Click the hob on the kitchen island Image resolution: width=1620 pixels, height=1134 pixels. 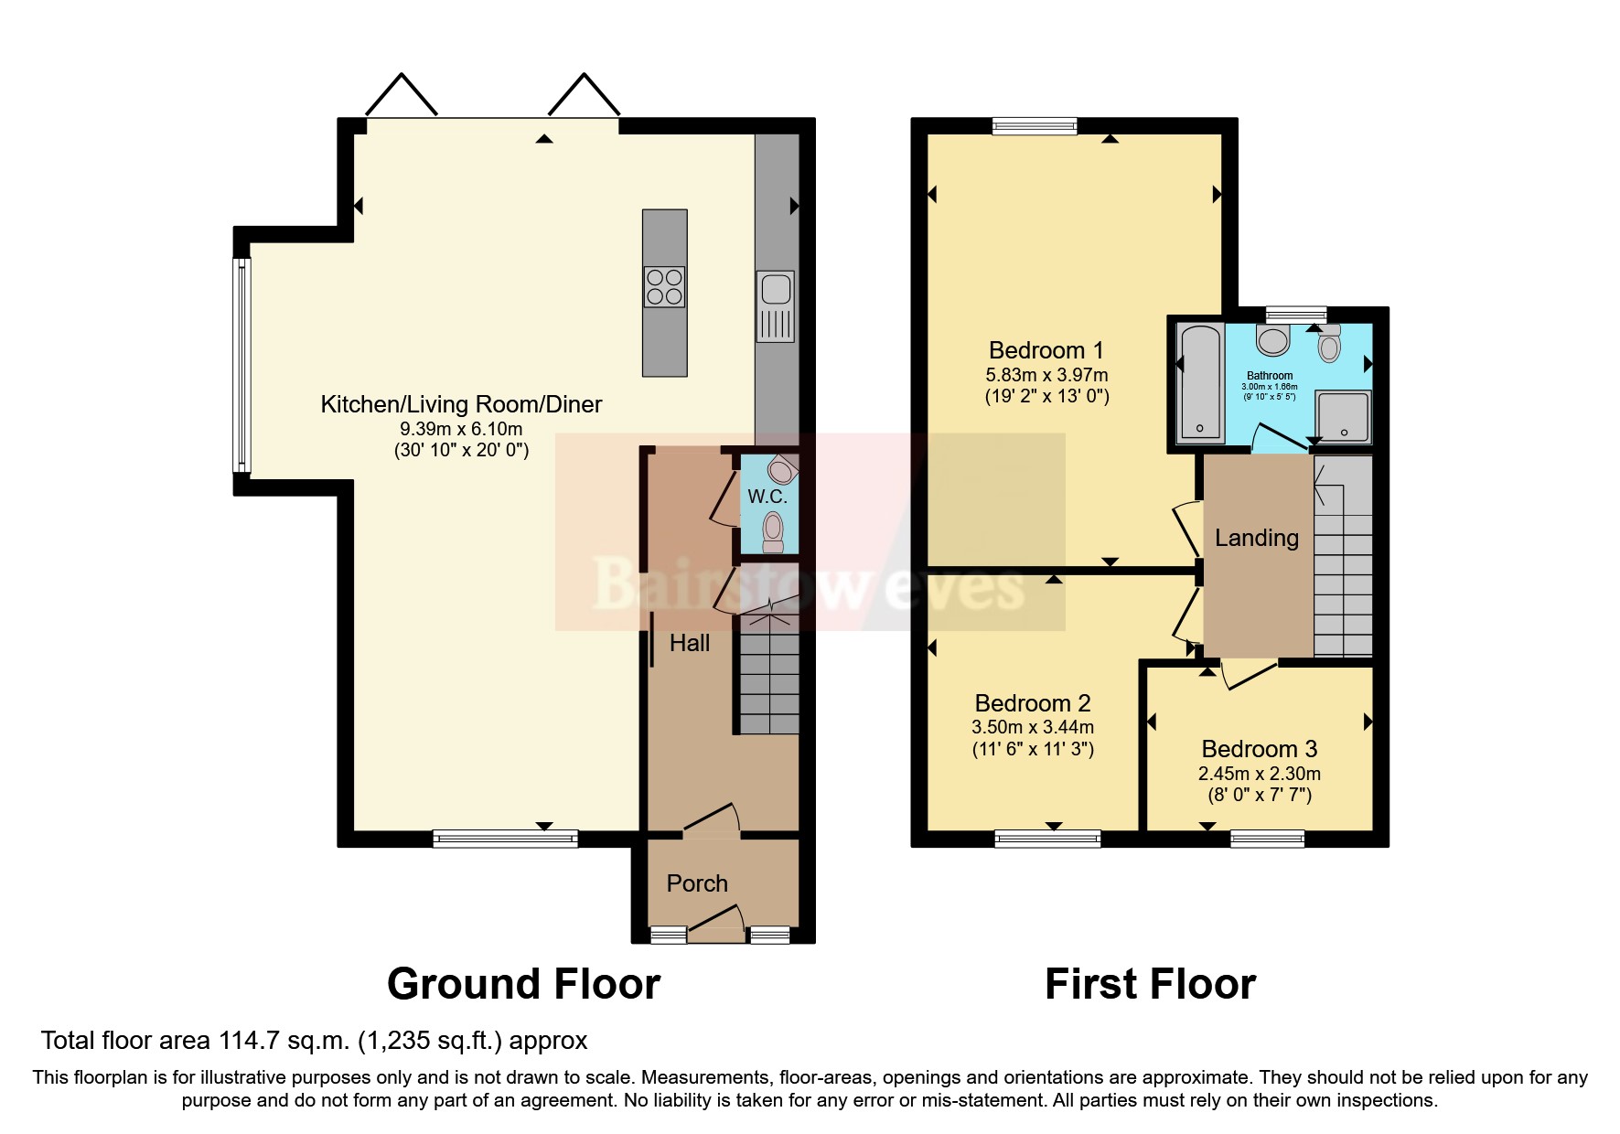click(x=664, y=286)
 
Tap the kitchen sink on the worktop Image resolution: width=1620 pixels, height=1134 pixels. click(x=776, y=305)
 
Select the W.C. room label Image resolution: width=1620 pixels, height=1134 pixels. click(x=767, y=497)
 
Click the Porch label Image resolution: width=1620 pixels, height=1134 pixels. click(x=697, y=883)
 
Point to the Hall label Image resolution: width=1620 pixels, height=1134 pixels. click(x=689, y=643)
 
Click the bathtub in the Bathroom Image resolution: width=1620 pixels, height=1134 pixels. click(x=1200, y=381)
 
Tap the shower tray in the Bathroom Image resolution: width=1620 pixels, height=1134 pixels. click(x=1343, y=417)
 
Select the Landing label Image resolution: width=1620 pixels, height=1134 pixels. click(x=1256, y=538)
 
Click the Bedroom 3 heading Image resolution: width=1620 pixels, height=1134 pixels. click(x=1259, y=749)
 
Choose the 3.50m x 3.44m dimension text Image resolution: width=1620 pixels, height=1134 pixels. click(x=1032, y=727)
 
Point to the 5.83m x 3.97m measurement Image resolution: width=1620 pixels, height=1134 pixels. click(x=1046, y=375)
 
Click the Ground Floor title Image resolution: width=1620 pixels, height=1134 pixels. click(x=523, y=984)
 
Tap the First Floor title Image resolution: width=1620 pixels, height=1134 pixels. click(x=1150, y=984)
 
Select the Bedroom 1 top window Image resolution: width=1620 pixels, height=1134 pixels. click(x=1035, y=126)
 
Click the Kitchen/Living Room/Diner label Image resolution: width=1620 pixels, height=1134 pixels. click(x=461, y=404)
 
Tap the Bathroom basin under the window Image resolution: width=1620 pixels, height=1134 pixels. click(x=1272, y=341)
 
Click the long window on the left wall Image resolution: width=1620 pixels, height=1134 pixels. click(x=241, y=364)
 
